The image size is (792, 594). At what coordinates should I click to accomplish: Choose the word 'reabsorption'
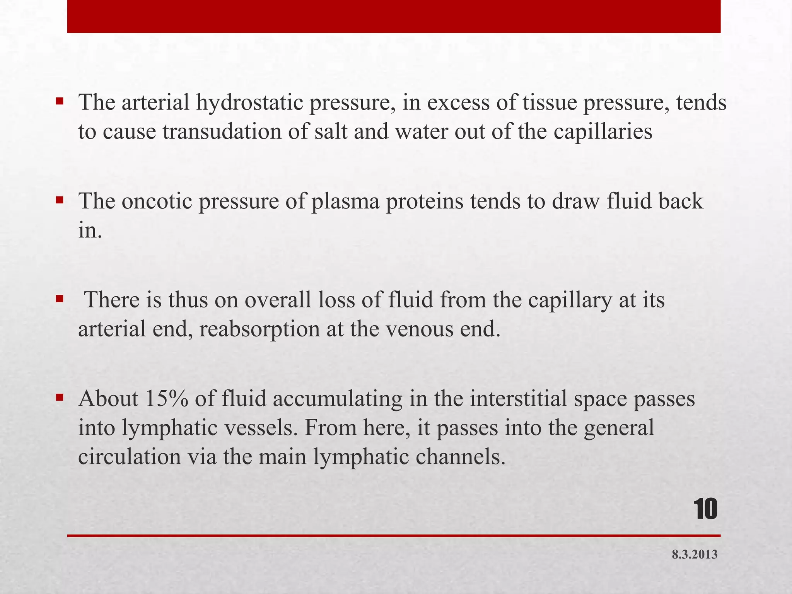pyautogui.click(x=260, y=329)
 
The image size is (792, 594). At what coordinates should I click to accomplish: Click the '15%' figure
pyautogui.click(x=167, y=399)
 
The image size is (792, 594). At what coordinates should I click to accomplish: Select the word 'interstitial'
pyautogui.click(x=519, y=399)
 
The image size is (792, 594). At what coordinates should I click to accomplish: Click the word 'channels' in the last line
pyautogui.click(x=460, y=457)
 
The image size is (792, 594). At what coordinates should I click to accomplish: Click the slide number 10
pyautogui.click(x=706, y=510)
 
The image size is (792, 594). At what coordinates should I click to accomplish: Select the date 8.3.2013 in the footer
pyautogui.click(x=695, y=555)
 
